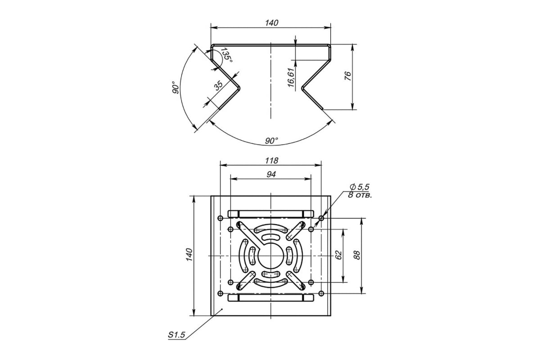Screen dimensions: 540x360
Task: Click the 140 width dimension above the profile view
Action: (271, 23)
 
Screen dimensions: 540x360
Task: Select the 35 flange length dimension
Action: (219, 85)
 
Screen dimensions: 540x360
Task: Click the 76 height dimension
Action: (348, 76)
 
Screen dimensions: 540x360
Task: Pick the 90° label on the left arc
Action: (176, 88)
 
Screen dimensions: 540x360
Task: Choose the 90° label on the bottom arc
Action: (271, 140)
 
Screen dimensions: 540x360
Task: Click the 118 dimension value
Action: (271, 161)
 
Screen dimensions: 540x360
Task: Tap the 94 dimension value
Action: (271, 174)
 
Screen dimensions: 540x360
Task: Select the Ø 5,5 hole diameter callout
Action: (360, 187)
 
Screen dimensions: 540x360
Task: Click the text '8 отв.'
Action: (360, 195)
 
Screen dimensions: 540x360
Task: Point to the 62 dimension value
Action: (339, 255)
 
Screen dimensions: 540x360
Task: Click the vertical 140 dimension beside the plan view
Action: (189, 254)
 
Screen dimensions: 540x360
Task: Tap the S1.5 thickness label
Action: (176, 335)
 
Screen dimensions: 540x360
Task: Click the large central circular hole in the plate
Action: (271, 256)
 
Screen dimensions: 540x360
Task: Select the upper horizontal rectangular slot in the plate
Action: (271, 214)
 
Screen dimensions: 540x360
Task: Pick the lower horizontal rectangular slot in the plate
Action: (271, 297)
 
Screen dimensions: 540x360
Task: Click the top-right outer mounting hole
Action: (321, 218)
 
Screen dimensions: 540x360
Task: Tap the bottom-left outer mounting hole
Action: (220, 293)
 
